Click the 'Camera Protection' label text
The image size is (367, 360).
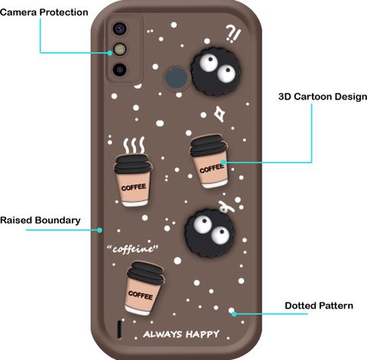tap(44, 12)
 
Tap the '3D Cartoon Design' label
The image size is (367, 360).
tap(323, 96)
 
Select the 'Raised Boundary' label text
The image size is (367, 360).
tap(41, 220)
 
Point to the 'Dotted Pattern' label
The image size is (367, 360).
tap(319, 306)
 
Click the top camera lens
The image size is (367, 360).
tap(119, 28)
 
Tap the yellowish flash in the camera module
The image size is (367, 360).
tap(120, 49)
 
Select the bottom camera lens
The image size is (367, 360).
tap(119, 69)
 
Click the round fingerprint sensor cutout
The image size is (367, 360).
tap(177, 77)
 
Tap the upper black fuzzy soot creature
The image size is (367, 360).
tap(216, 71)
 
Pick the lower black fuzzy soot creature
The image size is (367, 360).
tap(209, 232)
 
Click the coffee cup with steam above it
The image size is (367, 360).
tap(133, 180)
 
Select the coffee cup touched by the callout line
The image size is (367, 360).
tap(209, 161)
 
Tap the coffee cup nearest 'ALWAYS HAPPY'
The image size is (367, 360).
tap(145, 288)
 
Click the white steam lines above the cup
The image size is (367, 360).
tap(134, 145)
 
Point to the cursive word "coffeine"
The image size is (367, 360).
tap(132, 249)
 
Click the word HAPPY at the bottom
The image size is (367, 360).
tap(203, 334)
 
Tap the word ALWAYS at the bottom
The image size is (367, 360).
tap(163, 334)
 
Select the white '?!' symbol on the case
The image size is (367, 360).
tap(233, 34)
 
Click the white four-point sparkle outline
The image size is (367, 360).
tap(219, 114)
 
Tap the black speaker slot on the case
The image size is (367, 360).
tap(119, 329)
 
